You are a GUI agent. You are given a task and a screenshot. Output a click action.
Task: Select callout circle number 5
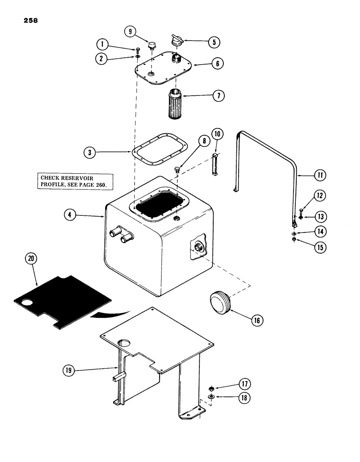tap(213, 42)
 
